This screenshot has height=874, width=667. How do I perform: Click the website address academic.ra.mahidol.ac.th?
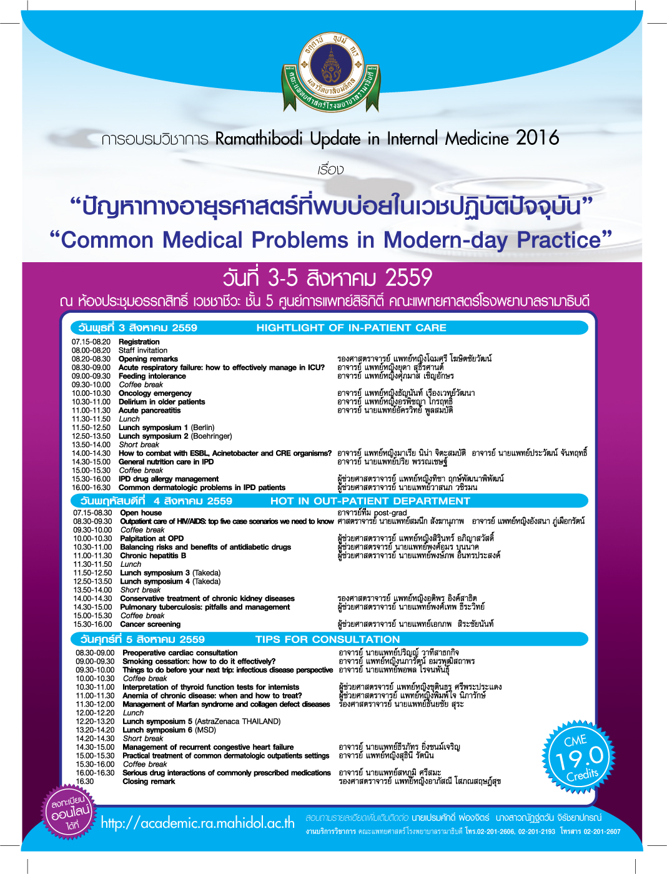click(x=197, y=823)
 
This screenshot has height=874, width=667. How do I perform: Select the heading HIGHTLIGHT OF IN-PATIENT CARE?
click(x=351, y=328)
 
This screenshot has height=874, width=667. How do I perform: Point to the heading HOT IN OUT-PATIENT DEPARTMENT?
click(x=370, y=501)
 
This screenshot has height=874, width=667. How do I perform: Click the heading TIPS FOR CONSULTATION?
click(x=327, y=639)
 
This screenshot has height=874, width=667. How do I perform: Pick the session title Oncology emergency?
click(x=155, y=393)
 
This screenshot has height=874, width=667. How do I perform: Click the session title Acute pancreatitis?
click(x=150, y=411)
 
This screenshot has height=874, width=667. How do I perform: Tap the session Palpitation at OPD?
click(x=152, y=538)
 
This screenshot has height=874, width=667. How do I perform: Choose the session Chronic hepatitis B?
click(x=153, y=556)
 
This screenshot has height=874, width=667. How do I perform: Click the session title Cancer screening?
click(x=150, y=624)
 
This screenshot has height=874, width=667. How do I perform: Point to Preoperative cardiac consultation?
click(x=180, y=653)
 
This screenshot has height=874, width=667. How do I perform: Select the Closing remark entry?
click(x=149, y=782)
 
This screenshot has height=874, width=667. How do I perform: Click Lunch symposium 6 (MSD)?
click(x=169, y=730)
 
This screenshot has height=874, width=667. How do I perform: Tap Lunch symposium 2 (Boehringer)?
click(x=175, y=436)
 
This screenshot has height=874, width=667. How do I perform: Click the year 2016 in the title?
click(x=537, y=138)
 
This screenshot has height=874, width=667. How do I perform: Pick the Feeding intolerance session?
click(x=152, y=376)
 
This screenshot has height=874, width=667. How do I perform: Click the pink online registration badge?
click(x=69, y=812)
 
